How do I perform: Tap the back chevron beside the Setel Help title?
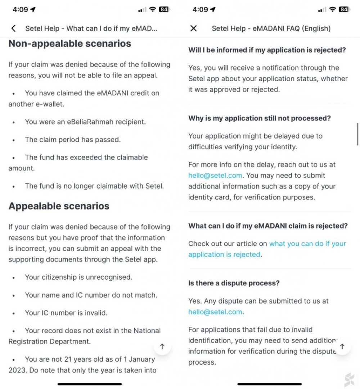tap(14, 28)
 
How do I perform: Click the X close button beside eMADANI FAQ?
tap(193, 28)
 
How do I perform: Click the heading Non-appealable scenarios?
tap(70, 44)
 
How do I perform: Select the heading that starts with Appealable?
tap(59, 206)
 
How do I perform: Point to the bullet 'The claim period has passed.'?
tap(73, 140)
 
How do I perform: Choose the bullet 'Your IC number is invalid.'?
tap(66, 313)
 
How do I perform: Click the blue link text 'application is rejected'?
tap(224, 254)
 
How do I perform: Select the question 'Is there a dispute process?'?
tap(234, 283)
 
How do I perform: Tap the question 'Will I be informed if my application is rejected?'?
tap(267, 50)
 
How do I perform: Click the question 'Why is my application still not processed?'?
tap(259, 118)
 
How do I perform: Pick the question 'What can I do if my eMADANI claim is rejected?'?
tap(268, 226)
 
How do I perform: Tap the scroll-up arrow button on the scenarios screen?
tap(162, 347)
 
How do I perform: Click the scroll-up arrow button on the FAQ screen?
tap(342, 347)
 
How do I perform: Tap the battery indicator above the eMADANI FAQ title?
tap(343, 10)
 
